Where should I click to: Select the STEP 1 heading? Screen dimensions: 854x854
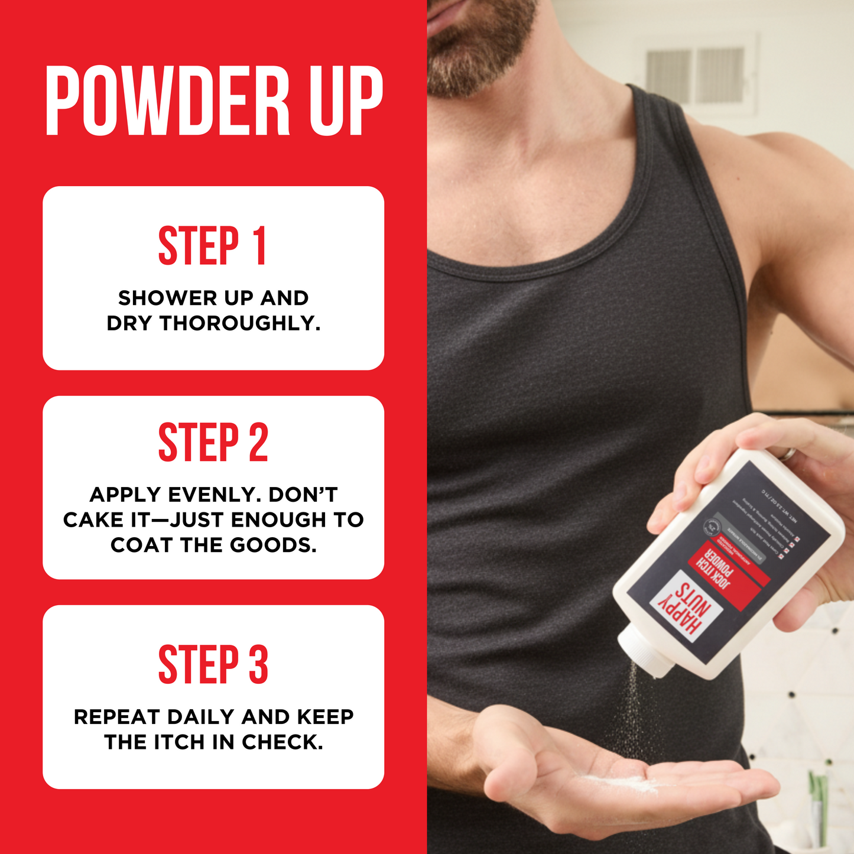(x=213, y=246)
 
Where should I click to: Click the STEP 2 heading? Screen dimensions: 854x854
(x=213, y=442)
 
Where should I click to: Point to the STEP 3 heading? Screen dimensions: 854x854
(x=213, y=665)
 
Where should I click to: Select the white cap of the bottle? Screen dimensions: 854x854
(x=646, y=652)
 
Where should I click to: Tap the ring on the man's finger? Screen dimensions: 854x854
(x=787, y=453)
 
